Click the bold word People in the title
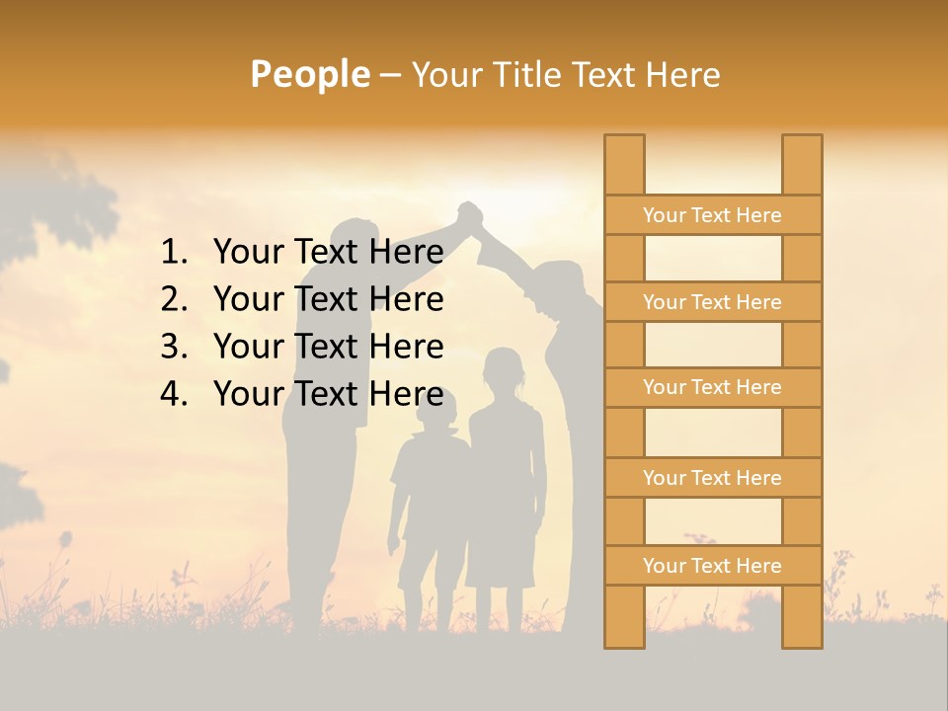tap(310, 74)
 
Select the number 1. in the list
tap(174, 252)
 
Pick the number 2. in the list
tap(174, 299)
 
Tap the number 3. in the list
tap(174, 347)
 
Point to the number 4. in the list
tap(174, 394)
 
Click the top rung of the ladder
tap(712, 215)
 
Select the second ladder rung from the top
tap(712, 302)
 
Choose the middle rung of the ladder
tap(712, 387)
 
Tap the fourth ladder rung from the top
tap(712, 478)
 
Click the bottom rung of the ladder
tap(712, 566)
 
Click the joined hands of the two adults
tap(469, 214)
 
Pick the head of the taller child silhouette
tap(503, 371)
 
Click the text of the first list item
tap(328, 252)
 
